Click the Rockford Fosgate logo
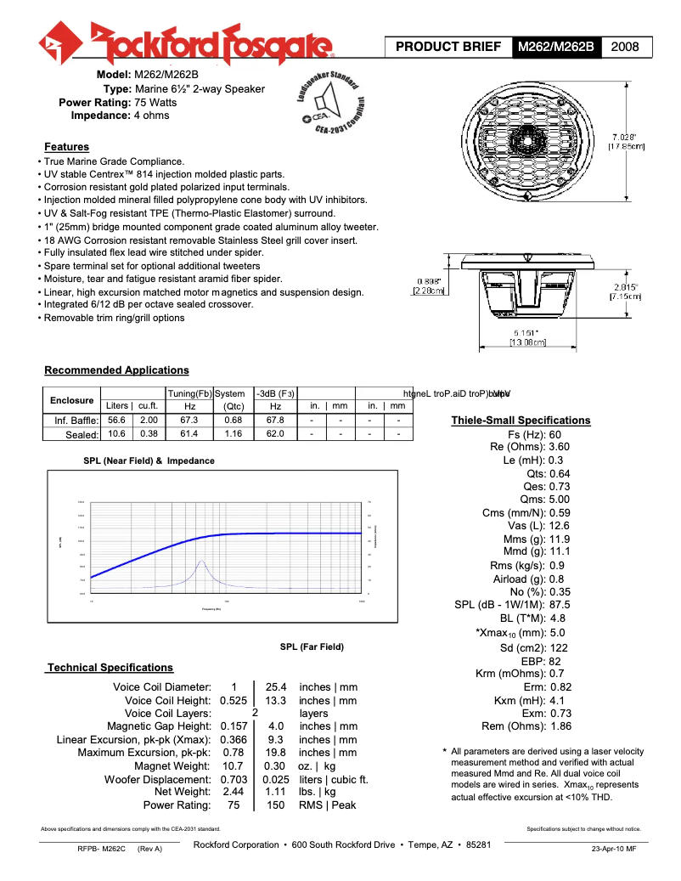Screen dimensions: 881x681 click(187, 42)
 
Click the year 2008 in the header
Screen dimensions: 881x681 click(627, 47)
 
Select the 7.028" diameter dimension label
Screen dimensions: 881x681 click(628, 141)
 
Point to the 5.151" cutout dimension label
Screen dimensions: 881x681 click(527, 337)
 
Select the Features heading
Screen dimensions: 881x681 click(66, 147)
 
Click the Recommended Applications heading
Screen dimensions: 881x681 click(116, 370)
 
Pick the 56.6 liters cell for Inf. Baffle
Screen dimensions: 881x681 click(116, 420)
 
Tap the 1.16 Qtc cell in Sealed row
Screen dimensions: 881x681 click(234, 433)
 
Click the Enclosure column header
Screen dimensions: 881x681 click(71, 400)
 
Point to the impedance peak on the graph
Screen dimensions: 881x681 click(201, 562)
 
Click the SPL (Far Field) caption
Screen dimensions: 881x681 click(312, 647)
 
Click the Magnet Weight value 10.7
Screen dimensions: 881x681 click(233, 766)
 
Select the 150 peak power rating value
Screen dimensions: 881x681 click(276, 805)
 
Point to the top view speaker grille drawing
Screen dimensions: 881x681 click(519, 144)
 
